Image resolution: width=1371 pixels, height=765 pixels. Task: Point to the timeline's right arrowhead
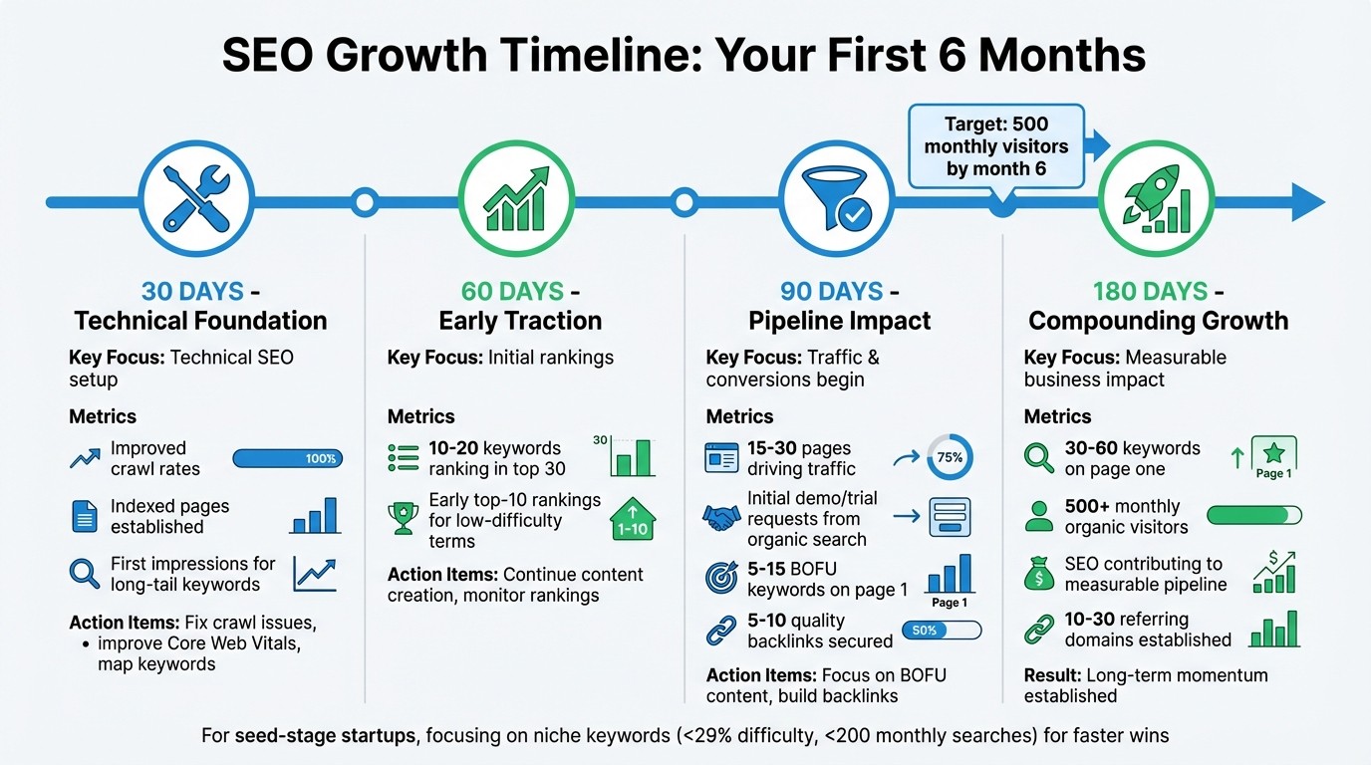[1307, 202]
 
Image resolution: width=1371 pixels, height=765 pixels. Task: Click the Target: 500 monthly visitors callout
[995, 146]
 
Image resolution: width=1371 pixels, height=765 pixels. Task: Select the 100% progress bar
[287, 458]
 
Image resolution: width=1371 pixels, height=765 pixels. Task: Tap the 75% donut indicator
[949, 458]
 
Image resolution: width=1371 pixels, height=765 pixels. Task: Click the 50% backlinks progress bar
[941, 631]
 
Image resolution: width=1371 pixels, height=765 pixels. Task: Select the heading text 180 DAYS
[1149, 292]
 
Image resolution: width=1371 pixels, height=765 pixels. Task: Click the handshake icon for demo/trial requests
[721, 517]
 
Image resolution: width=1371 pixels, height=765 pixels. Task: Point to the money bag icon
[1038, 574]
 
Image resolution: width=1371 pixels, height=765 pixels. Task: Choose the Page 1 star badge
[1272, 458]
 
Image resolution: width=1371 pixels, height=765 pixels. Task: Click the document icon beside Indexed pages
[85, 516]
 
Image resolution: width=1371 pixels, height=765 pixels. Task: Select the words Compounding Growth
[1158, 321]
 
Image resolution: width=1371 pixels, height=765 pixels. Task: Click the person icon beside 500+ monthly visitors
[1038, 516]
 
